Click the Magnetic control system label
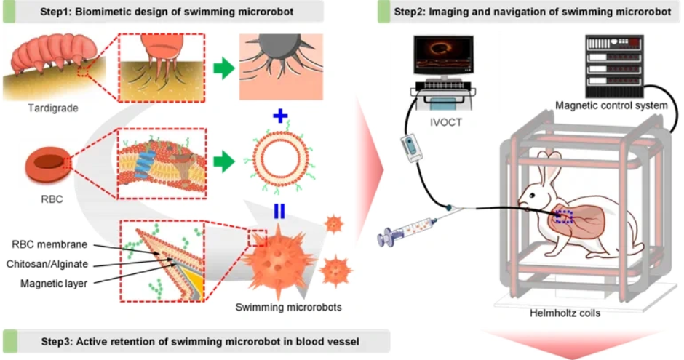611,106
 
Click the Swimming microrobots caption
288,307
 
